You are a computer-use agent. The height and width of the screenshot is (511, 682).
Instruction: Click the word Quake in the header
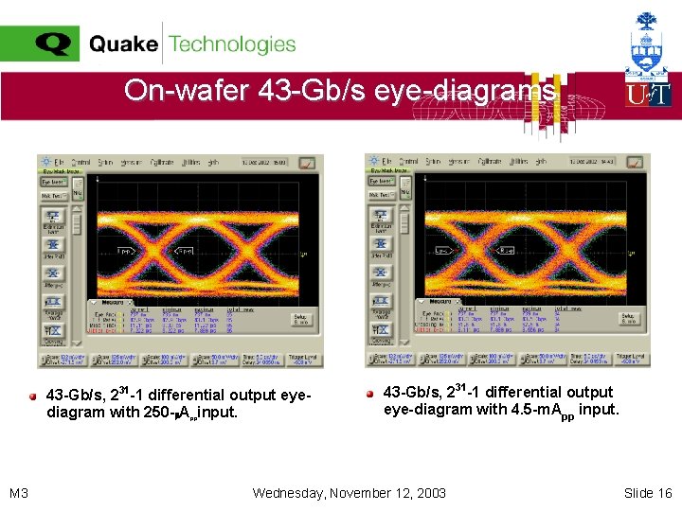click(x=124, y=44)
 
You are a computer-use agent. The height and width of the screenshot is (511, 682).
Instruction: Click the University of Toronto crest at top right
click(x=648, y=44)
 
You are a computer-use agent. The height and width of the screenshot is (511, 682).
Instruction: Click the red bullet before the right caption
click(x=371, y=393)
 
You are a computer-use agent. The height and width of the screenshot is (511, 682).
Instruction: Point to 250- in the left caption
click(x=153, y=413)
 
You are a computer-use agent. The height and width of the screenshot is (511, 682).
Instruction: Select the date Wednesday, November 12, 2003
click(x=350, y=493)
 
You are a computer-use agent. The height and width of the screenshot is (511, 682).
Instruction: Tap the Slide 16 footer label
click(x=648, y=493)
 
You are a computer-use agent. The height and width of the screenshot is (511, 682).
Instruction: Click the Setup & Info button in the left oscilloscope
click(x=299, y=321)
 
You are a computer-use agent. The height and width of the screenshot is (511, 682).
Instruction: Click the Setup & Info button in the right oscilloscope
click(x=627, y=321)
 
